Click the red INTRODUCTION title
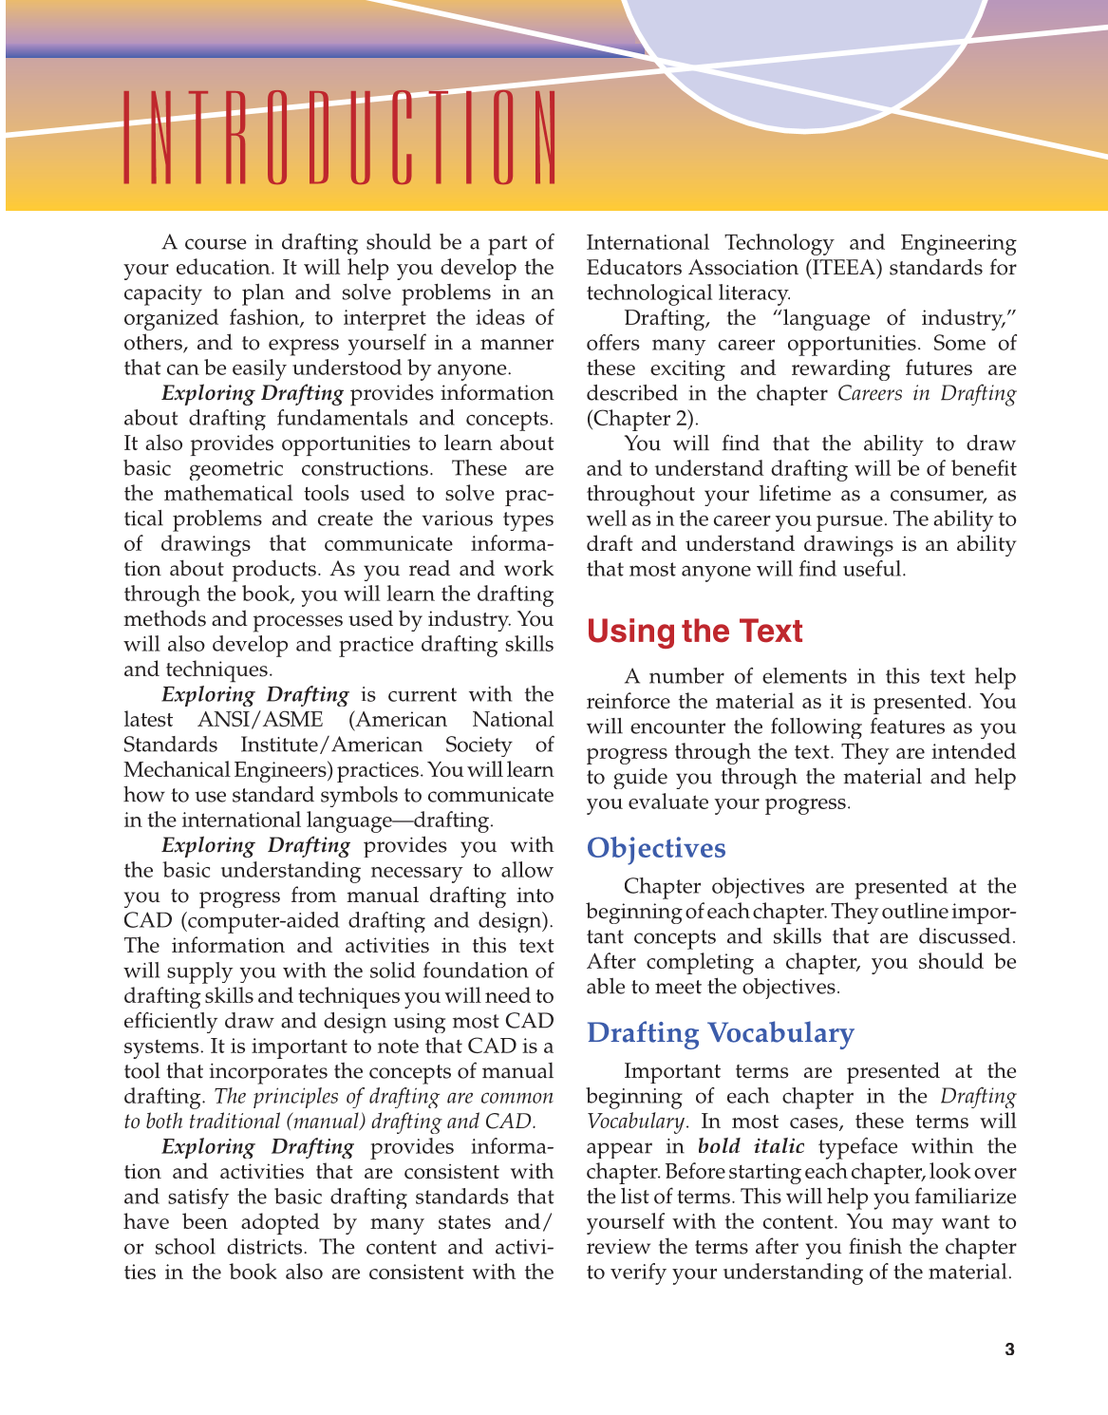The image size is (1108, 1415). tap(339, 138)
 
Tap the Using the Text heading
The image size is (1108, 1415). tap(694, 632)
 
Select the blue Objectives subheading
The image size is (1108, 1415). tap(656, 848)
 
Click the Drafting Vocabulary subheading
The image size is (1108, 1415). tap(721, 1032)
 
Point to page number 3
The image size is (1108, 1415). tap(1009, 1349)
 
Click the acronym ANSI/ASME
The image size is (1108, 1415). tap(260, 720)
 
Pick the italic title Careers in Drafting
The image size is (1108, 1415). tap(927, 393)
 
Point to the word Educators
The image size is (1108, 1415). tap(631, 268)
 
